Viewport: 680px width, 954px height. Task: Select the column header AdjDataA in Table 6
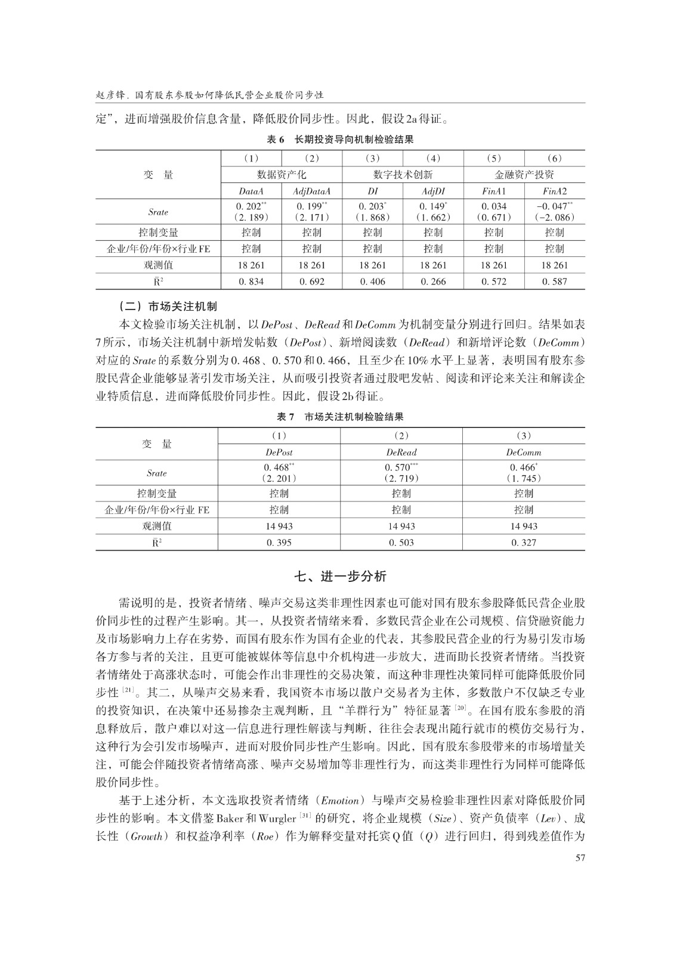click(x=311, y=191)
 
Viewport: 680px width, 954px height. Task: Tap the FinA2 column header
click(x=554, y=191)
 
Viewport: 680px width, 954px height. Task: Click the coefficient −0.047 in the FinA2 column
click(x=554, y=206)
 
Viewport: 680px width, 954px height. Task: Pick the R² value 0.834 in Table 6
click(x=251, y=281)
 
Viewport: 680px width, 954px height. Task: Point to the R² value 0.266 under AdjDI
click(x=433, y=281)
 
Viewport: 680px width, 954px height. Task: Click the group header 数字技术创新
click(x=403, y=175)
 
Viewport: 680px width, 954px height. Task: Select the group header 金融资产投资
click(x=524, y=175)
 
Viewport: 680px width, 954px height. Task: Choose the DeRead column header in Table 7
click(x=401, y=453)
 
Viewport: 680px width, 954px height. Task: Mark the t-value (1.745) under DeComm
click(x=524, y=478)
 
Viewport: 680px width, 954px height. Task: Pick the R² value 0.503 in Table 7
click(x=401, y=543)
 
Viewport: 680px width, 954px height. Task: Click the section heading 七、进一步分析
click(x=341, y=576)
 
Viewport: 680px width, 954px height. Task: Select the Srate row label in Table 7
click(x=157, y=473)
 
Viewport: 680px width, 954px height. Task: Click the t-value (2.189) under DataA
click(x=251, y=217)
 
